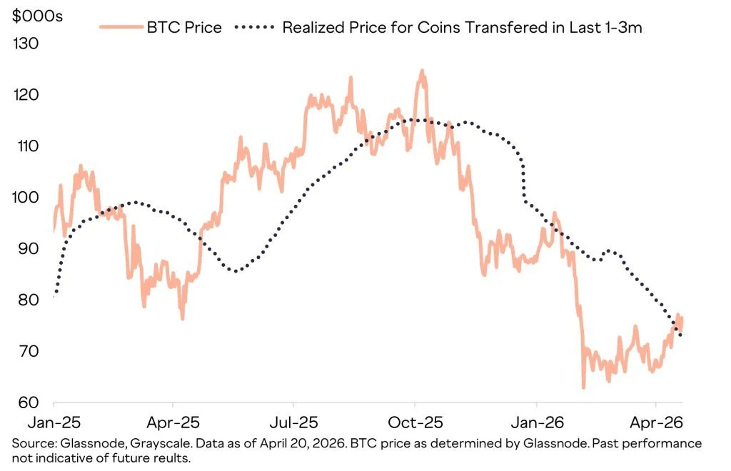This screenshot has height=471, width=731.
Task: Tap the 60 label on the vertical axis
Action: point(26,402)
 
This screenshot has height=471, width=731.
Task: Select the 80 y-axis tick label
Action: point(26,300)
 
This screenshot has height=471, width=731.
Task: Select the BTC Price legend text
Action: point(184,28)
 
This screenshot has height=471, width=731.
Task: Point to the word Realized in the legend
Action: point(313,28)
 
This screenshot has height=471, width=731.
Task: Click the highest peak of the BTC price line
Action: point(422,71)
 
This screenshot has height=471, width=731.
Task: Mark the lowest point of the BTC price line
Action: point(583,388)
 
